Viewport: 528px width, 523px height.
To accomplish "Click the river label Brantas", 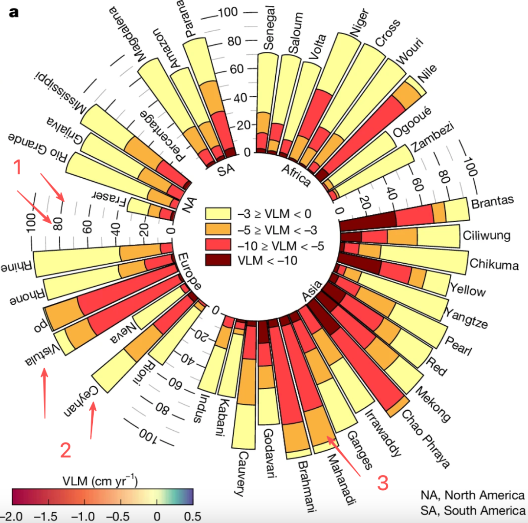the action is (x=492, y=202).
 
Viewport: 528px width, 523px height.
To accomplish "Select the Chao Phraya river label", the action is (x=426, y=439).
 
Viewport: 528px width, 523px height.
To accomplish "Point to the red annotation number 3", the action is (x=382, y=483).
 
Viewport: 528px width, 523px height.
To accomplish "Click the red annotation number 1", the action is (x=18, y=167).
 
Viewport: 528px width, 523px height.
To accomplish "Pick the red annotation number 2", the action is (x=66, y=450).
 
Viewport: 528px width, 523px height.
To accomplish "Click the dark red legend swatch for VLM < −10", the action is (x=218, y=260).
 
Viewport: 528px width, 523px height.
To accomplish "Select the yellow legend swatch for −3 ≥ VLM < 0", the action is (x=218, y=213).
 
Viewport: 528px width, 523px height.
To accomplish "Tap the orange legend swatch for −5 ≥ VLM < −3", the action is (x=218, y=229).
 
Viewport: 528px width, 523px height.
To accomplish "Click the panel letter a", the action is (x=14, y=13).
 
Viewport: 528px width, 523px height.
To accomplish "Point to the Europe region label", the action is (x=189, y=271).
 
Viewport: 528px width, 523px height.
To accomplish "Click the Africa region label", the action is (x=296, y=175).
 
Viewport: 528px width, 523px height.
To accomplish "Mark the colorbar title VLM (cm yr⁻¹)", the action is (x=100, y=481).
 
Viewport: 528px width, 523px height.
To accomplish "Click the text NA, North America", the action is (x=472, y=495).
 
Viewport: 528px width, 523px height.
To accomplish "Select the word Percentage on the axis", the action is (x=163, y=136).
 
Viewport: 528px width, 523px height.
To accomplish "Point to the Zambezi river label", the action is (x=432, y=137).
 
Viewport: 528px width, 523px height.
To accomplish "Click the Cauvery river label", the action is (x=242, y=474).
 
